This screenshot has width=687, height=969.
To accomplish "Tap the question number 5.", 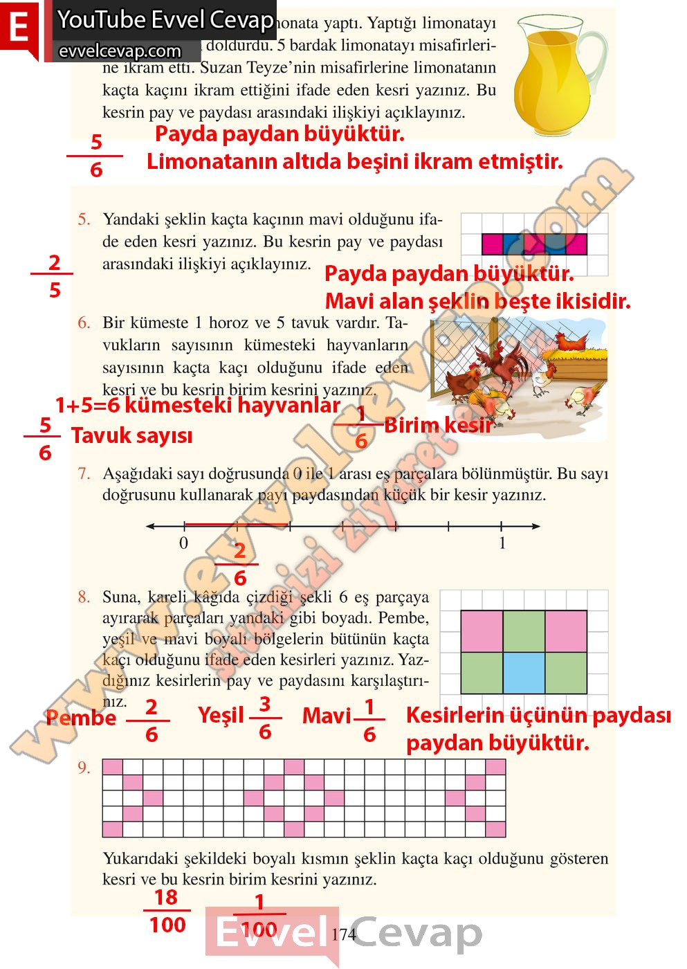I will [84, 220].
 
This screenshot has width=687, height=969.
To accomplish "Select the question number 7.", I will [84, 474].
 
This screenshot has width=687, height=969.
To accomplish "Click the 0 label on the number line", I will [183, 543].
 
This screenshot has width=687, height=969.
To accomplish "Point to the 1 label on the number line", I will [502, 543].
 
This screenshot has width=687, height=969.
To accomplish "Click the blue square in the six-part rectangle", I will [524, 673].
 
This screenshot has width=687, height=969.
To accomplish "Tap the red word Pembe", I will [81, 718].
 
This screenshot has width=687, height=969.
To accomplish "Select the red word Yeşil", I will [221, 715].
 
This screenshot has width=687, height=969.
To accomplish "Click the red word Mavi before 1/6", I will [327, 716].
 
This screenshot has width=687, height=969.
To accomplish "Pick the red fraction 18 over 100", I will [167, 911].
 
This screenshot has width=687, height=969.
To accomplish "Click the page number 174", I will [343, 934].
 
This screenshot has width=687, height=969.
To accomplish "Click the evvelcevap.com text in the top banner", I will [120, 51].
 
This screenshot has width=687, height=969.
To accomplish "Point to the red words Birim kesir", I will [438, 425].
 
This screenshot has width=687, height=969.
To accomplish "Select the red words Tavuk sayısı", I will [131, 436].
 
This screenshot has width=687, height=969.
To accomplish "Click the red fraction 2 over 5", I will [54, 276].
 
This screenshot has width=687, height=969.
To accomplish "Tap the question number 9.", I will [84, 768].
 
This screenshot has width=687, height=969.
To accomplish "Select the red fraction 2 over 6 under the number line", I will [239, 565].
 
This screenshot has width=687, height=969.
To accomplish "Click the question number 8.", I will [84, 597].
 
